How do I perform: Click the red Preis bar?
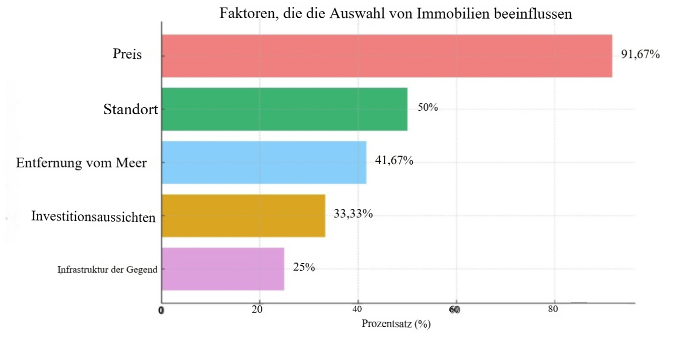pyautogui.click(x=386, y=56)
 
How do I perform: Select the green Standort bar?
pyautogui.click(x=284, y=109)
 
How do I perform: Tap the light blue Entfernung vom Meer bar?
pyautogui.click(x=263, y=162)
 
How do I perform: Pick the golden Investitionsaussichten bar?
pyautogui.click(x=243, y=215)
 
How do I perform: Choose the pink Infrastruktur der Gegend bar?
pyautogui.click(x=223, y=269)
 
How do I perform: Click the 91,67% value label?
pyautogui.click(x=640, y=54)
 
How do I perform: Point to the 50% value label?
pyautogui.click(x=428, y=108)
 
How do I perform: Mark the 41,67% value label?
pyautogui.click(x=394, y=161)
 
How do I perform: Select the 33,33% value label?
pyautogui.click(x=353, y=214)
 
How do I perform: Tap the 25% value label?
pyautogui.click(x=304, y=267)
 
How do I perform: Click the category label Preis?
pyautogui.click(x=127, y=54)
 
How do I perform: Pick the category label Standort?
pyautogui.click(x=130, y=109)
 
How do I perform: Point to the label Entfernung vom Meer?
pyautogui.click(x=81, y=163)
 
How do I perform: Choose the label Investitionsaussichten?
pyautogui.click(x=93, y=217)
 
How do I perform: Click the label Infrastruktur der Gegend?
pyautogui.click(x=107, y=269)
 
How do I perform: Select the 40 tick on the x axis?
pyautogui.click(x=358, y=309)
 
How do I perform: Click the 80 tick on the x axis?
pyautogui.click(x=553, y=309)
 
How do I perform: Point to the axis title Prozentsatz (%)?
pyautogui.click(x=396, y=324)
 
